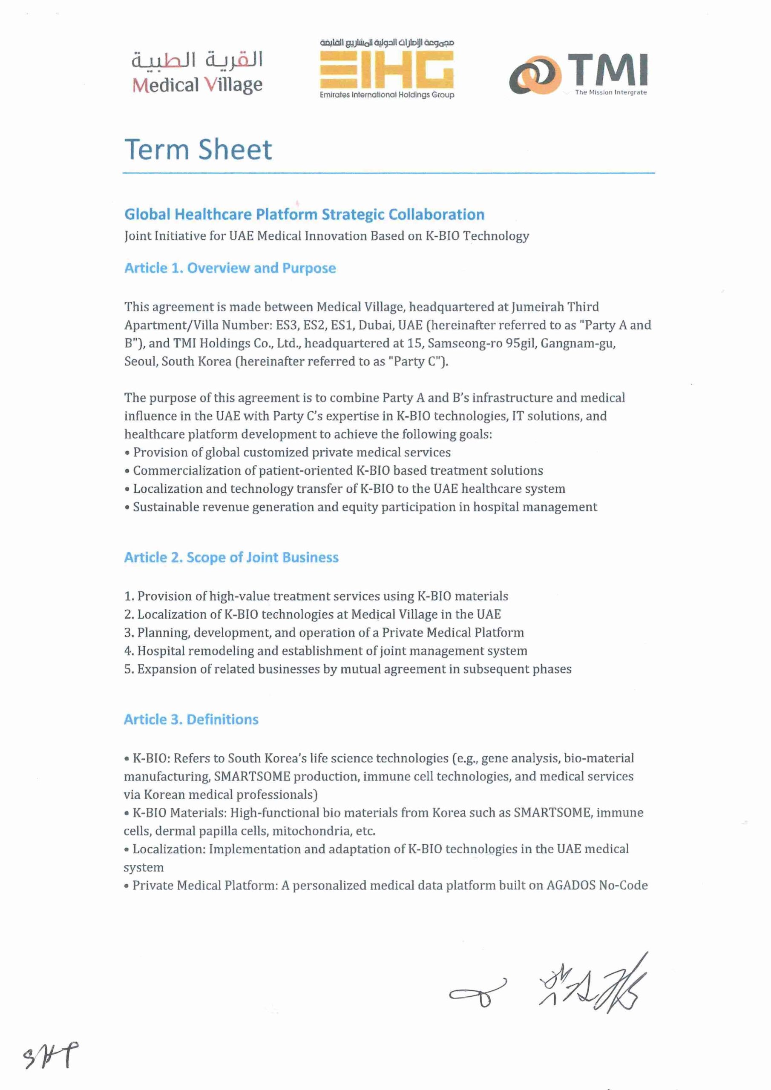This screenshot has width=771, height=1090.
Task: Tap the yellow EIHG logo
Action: coord(387,70)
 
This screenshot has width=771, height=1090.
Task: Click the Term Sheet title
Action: coord(198,149)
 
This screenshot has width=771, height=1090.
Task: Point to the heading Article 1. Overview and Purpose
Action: coord(230,268)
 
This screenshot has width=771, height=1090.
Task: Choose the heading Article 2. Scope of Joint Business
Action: coord(231,557)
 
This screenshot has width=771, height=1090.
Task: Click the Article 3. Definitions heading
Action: coord(191,719)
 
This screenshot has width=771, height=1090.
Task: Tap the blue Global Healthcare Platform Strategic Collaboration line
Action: coord(304,215)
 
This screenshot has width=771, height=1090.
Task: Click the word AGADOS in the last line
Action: coord(570,885)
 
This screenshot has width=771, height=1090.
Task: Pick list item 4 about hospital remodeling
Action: coord(326,651)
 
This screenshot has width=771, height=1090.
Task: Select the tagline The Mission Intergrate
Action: coord(610,92)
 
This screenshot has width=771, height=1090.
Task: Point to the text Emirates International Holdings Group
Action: coord(387,95)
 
